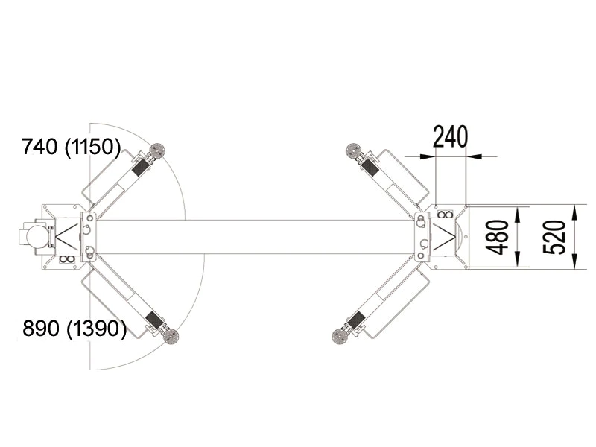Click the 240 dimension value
(x=451, y=137)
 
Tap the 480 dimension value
(x=498, y=237)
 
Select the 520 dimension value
(x=554, y=237)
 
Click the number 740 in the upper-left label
(x=40, y=147)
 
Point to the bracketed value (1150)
(x=92, y=147)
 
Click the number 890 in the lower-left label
(x=41, y=328)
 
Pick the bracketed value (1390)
(x=97, y=329)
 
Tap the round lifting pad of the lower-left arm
(x=171, y=337)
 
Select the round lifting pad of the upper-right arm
(x=353, y=150)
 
